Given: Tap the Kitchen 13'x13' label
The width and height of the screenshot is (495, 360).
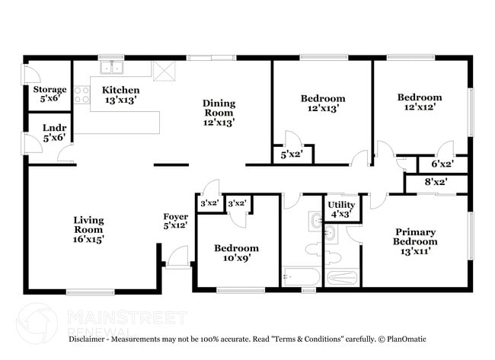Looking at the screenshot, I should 120,94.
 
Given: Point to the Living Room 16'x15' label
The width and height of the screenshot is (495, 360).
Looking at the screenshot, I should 88,229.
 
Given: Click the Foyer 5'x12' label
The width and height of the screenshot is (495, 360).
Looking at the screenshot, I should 176,221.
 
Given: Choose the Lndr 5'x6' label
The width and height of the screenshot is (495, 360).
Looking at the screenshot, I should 53,132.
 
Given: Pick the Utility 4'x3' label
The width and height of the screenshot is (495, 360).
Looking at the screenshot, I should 340,209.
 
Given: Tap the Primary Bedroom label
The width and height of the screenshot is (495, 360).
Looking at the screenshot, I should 415,241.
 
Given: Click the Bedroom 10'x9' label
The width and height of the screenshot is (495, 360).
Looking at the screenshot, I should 235,253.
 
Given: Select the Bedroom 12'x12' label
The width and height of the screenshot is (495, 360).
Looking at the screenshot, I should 419,102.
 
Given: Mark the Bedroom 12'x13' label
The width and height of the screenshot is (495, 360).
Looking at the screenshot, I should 322,103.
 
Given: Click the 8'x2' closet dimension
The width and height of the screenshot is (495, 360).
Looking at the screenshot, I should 436,182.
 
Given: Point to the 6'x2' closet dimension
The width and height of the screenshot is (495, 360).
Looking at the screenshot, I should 442,164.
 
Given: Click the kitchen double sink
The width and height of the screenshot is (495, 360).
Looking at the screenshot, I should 111,68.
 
